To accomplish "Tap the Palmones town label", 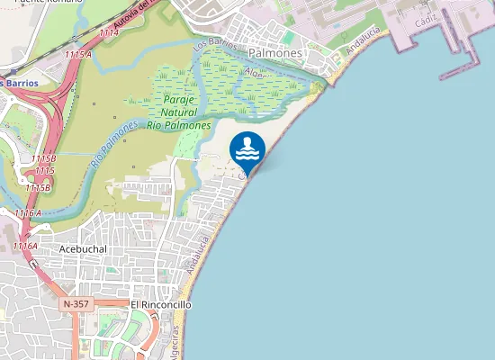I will tap(274, 54).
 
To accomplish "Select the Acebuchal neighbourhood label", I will tap(82, 248).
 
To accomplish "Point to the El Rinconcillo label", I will tap(161, 305).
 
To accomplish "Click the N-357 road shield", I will tap(76, 305).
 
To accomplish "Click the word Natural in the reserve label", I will tap(179, 112).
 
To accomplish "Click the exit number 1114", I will tap(109, 32).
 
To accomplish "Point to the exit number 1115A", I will tap(78, 55).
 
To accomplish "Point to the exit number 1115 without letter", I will tap(44, 170).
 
